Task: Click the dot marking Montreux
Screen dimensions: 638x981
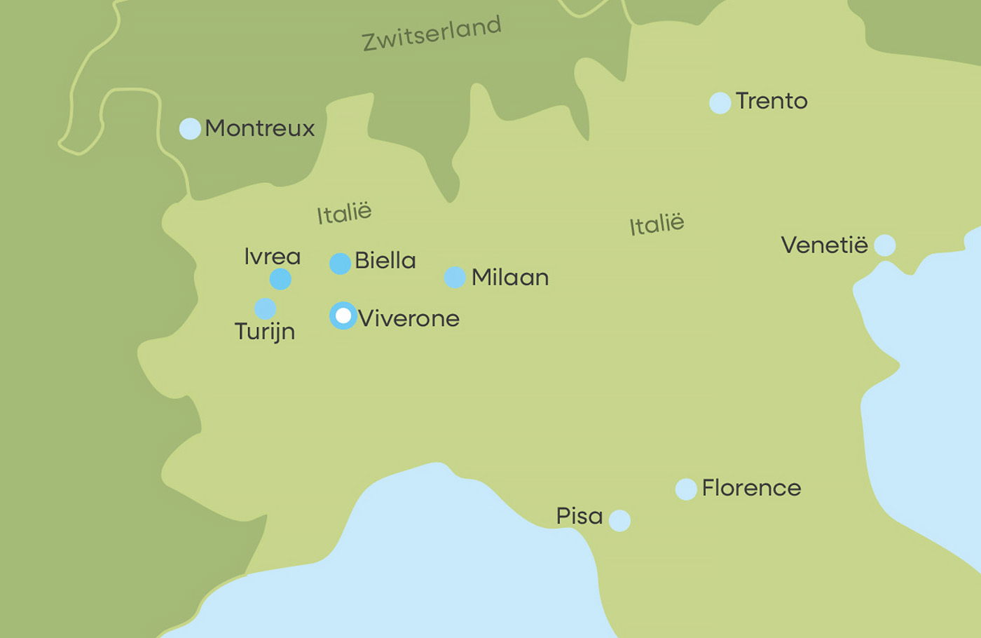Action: tap(190, 129)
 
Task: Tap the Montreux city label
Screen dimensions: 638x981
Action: tap(260, 128)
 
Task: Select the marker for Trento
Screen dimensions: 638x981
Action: tap(720, 103)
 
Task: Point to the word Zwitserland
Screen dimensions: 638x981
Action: tap(432, 34)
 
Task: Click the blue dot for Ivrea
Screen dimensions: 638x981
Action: tap(280, 279)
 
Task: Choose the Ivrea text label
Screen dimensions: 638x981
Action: tap(273, 257)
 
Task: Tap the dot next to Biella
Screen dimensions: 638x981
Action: tap(340, 264)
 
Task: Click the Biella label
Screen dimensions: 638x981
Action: tap(385, 261)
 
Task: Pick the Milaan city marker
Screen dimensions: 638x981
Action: tap(455, 278)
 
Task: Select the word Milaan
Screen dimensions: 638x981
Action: tap(510, 278)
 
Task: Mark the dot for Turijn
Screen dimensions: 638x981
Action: tap(265, 308)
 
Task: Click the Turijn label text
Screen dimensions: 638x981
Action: tap(265, 332)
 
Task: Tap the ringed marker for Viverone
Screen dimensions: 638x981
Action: tap(343, 316)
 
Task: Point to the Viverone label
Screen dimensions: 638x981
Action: tap(409, 318)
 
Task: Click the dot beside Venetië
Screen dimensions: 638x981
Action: tap(885, 245)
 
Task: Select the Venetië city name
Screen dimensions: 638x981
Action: tap(824, 245)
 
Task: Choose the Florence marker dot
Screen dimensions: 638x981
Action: tap(686, 489)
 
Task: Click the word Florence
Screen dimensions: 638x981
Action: tap(751, 488)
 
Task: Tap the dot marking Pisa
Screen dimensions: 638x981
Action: tap(619, 521)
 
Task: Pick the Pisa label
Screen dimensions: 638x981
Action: tap(579, 516)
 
